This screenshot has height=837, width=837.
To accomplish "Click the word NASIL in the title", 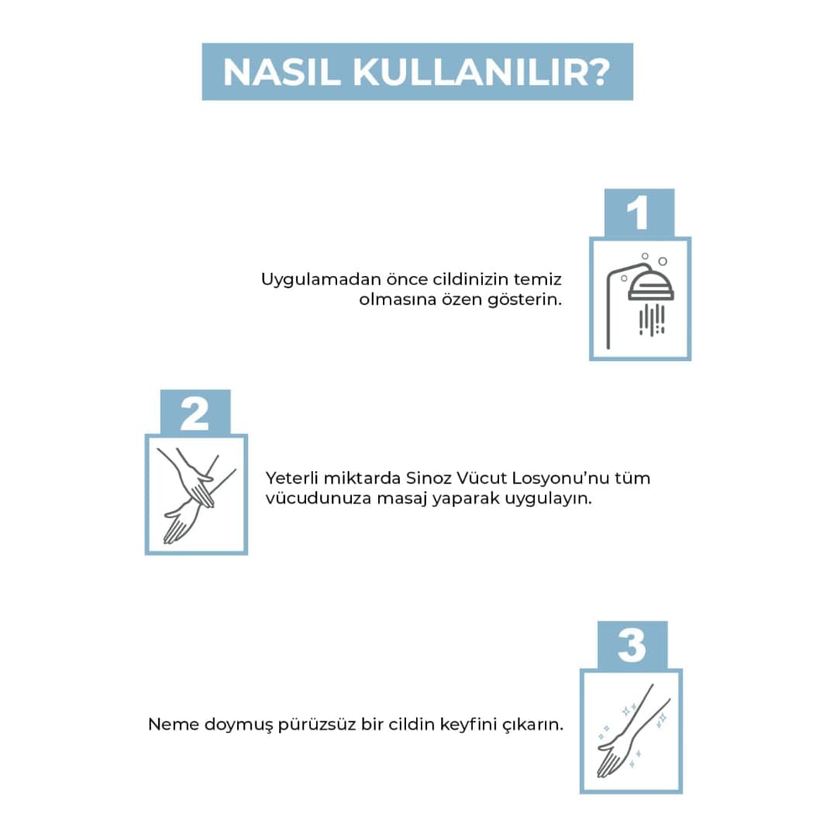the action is point(282,72).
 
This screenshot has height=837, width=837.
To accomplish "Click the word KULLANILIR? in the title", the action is point(481,72).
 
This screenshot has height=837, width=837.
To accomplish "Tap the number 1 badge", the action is point(639,212).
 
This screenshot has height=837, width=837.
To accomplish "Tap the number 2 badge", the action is point(195,412).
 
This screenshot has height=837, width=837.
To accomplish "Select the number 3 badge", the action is point(632,645).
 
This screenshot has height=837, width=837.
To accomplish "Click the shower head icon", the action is point(650,285).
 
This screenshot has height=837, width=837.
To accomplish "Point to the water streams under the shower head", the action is point(652,320).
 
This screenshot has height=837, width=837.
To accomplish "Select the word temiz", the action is point(538,279).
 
